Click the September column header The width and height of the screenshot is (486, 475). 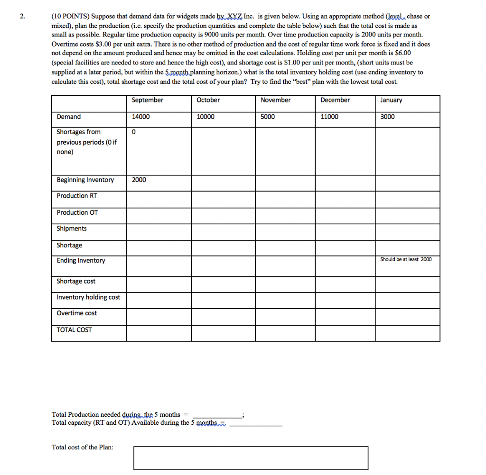[147, 100]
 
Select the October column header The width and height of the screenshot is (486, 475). [208, 100]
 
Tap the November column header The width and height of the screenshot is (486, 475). [276, 100]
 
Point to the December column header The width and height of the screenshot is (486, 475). [335, 100]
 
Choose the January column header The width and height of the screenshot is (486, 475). [391, 100]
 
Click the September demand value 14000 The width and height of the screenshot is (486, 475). [140, 117]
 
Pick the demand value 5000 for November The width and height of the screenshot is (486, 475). [268, 117]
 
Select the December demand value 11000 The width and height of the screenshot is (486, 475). [330, 117]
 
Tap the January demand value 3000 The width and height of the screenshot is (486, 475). [387, 117]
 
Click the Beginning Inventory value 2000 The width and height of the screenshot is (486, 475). [139, 180]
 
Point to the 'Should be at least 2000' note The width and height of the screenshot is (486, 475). [406, 259]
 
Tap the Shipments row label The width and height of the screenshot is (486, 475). [72, 228]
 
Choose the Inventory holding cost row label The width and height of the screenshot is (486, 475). [88, 297]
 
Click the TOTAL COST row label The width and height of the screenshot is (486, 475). [74, 329]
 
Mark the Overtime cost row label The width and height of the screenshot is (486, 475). [77, 313]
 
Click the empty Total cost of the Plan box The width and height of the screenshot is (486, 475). [251, 458]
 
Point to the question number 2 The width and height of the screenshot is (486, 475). [22, 16]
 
